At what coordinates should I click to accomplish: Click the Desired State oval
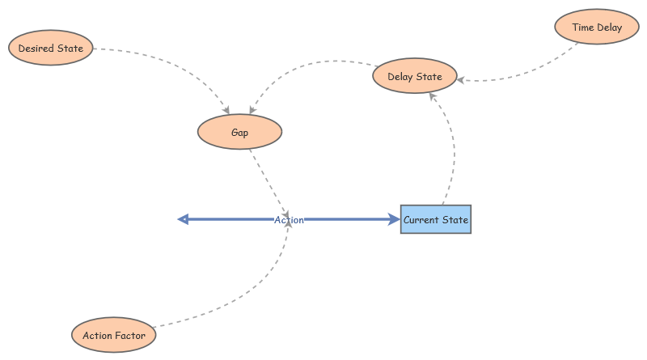coord(50,49)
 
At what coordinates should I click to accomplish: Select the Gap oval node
coord(239,133)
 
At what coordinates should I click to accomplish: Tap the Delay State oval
coord(415,77)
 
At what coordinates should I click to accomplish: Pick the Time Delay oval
coord(597,28)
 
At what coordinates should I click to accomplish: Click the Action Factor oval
coord(114,335)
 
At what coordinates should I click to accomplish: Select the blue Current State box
coord(435,219)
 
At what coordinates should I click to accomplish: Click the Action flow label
coord(289,219)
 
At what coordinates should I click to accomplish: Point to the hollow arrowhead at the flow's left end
coord(183,219)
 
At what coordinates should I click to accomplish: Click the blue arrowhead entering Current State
coord(393,219)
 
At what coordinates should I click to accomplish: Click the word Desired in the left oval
coord(37,49)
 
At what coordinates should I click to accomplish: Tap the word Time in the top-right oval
coord(583,28)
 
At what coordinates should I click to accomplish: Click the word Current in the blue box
coord(421,219)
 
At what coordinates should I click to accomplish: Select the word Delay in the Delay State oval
coord(401,77)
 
